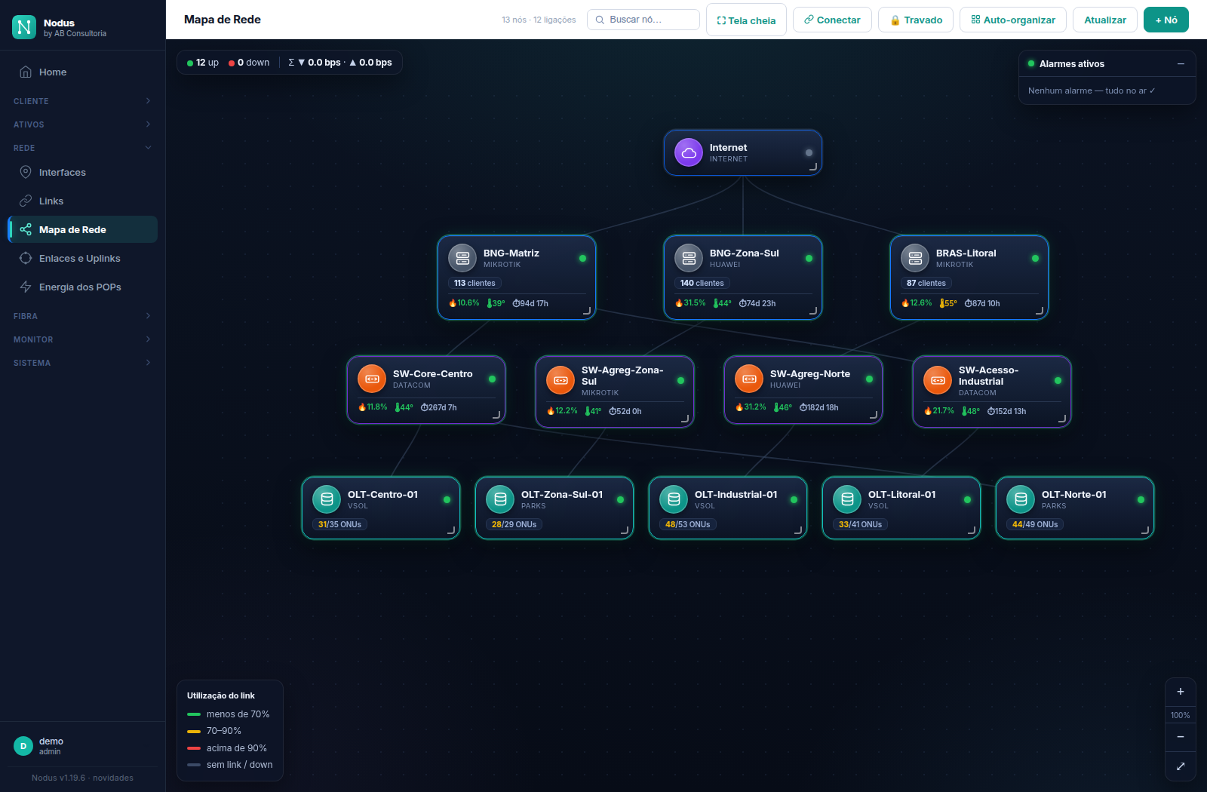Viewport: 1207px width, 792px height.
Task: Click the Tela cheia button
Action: point(746,20)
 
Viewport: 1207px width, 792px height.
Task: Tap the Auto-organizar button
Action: point(1012,20)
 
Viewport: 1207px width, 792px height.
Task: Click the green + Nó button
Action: point(1166,20)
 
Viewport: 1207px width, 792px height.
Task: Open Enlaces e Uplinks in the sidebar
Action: point(80,258)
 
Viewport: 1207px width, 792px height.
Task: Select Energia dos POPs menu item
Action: point(80,287)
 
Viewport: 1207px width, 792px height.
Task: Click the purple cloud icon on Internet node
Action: point(688,152)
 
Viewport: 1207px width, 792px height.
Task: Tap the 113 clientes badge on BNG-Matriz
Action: point(475,283)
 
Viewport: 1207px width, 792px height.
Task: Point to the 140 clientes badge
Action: point(702,283)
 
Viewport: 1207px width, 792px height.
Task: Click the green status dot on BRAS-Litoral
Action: point(1035,259)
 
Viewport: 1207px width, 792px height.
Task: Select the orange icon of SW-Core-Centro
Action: point(372,379)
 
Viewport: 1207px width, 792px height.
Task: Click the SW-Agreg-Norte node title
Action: point(810,374)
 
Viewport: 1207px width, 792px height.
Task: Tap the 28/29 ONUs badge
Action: point(514,524)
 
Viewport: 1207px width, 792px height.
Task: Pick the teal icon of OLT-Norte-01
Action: point(1021,499)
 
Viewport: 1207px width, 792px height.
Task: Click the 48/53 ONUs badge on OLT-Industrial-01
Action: point(687,524)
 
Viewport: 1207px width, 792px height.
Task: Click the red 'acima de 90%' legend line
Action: point(193,747)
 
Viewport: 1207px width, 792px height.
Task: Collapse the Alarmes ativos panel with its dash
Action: point(1181,63)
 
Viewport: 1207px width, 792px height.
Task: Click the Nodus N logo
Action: point(23,26)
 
